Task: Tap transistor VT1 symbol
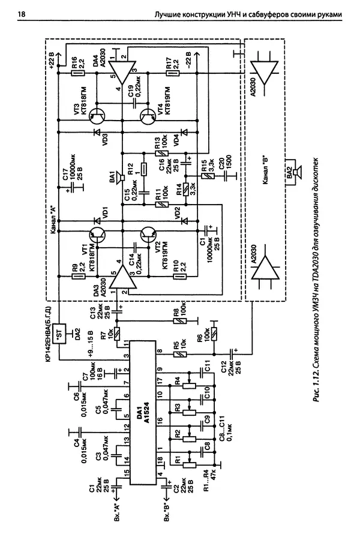pyautogui.click(x=97, y=238)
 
